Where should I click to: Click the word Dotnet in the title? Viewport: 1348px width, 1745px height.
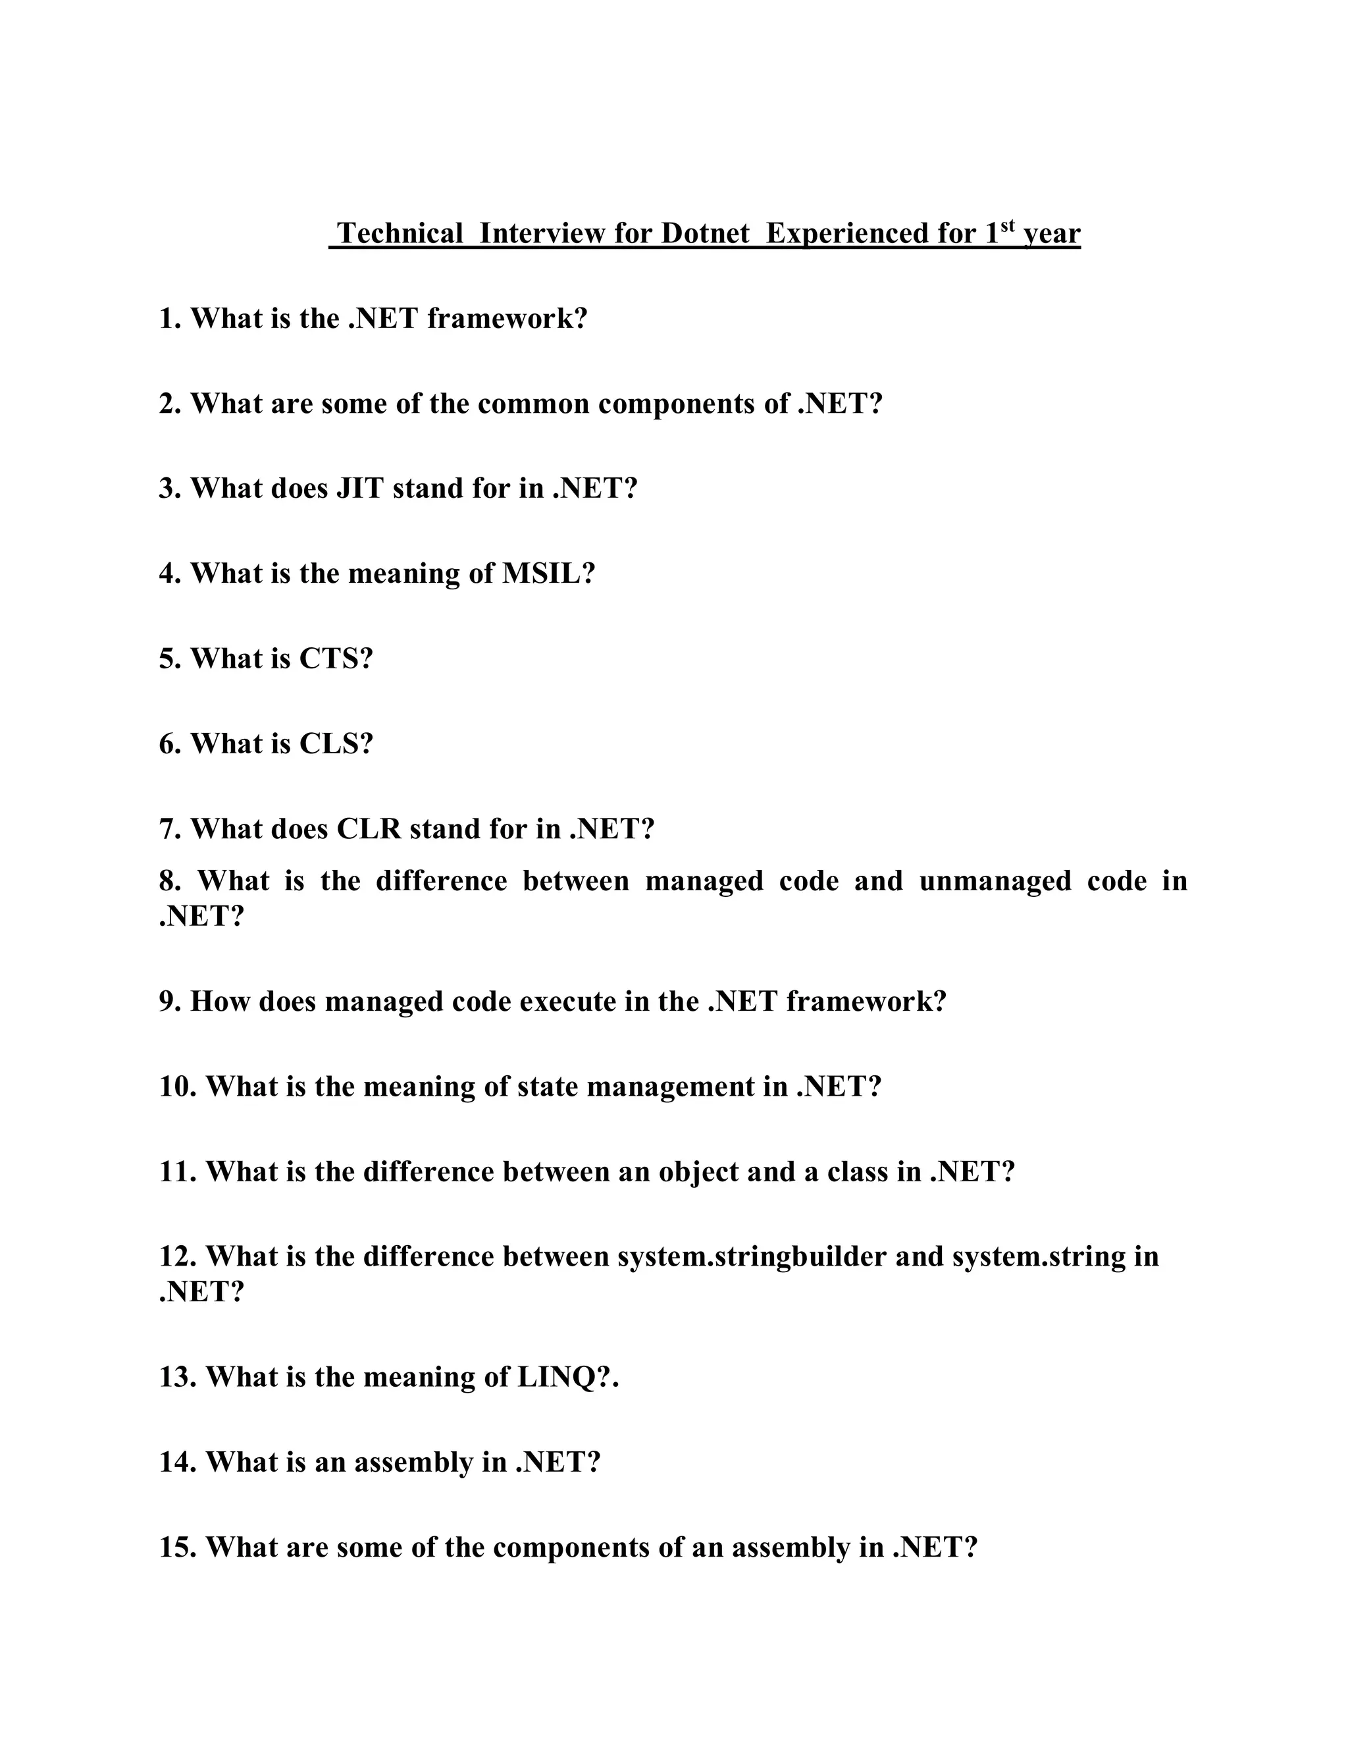coord(705,233)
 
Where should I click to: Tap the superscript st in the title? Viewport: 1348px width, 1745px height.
coord(1008,225)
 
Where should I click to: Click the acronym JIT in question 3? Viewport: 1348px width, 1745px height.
coord(360,488)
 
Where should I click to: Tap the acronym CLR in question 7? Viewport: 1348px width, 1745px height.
coord(368,829)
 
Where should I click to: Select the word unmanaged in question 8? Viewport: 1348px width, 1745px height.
coord(995,881)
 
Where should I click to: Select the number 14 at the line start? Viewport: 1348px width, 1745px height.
coord(177,1462)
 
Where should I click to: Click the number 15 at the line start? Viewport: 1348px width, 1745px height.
coord(177,1547)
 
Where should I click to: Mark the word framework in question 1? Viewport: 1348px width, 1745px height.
coord(507,319)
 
